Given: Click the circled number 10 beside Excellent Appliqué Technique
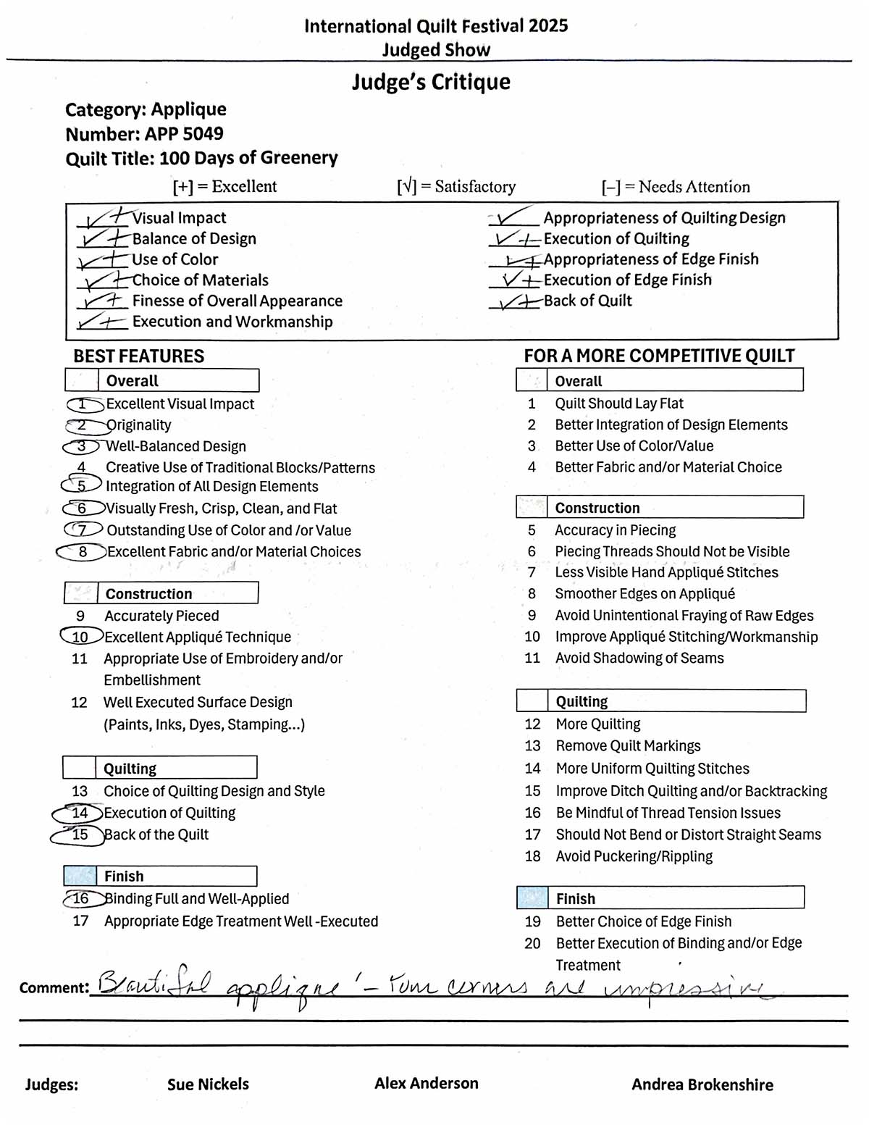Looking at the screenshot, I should (80, 637).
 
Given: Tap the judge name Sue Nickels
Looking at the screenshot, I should (208, 1084).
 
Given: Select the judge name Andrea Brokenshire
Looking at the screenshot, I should (702, 1085).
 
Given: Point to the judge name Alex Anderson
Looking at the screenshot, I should (426, 1084).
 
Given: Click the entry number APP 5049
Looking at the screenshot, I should (184, 134).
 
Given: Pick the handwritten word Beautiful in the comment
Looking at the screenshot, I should (154, 984).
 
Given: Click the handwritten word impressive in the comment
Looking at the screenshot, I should (684, 988).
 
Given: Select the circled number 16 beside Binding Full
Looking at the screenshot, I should (80, 899).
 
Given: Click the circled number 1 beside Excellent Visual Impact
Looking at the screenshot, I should (83, 404).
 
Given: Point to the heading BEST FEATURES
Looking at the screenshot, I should (138, 356).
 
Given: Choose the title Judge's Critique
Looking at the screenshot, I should (431, 82).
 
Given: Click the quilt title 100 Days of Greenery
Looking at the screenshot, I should (248, 158).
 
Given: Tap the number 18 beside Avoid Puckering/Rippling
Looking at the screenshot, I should (532, 857).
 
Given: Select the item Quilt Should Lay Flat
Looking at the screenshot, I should (618, 403).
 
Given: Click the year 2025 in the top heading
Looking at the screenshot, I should (548, 26).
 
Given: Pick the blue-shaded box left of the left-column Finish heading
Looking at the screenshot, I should (80, 876).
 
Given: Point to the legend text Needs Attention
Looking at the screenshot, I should (694, 187).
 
